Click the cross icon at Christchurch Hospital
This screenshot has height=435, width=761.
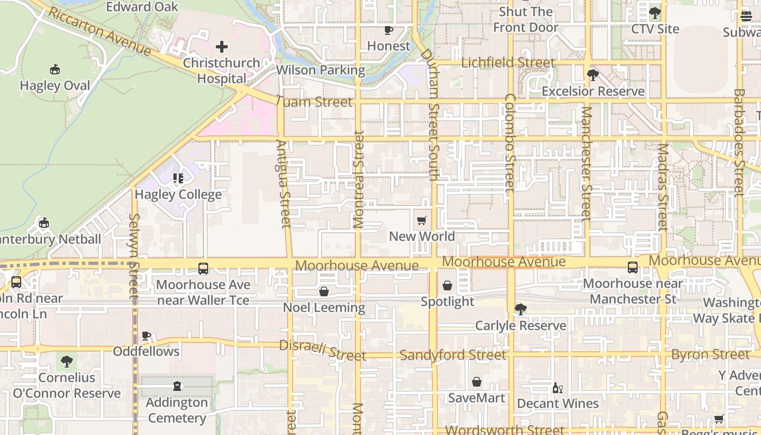coord(221,47)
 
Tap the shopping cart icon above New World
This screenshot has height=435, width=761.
coord(421,221)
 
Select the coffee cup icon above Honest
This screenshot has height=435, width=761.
coord(388,30)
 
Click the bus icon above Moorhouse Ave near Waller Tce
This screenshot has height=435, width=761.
coord(203,268)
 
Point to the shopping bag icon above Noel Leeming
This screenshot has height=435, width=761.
coord(324,291)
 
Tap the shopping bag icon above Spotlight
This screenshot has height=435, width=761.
coord(447,285)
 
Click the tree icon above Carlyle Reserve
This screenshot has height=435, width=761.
coord(520,309)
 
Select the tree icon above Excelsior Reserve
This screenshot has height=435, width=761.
coord(592,74)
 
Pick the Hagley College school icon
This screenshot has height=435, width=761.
coord(178,178)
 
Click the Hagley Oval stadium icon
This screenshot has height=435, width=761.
coord(54,69)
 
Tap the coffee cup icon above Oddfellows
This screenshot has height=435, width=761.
coord(146,335)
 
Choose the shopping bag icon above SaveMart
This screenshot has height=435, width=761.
coord(476,382)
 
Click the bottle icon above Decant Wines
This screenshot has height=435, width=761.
coord(557,388)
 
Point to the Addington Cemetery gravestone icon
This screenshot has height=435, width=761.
coord(177,387)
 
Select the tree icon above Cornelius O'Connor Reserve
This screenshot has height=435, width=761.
coord(66,361)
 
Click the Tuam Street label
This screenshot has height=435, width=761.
coord(314,102)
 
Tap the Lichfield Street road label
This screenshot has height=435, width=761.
coord(508,63)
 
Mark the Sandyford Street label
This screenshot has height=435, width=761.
coord(453,355)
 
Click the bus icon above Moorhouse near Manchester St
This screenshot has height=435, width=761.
coord(633,268)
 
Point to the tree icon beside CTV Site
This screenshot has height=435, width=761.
coord(654,13)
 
